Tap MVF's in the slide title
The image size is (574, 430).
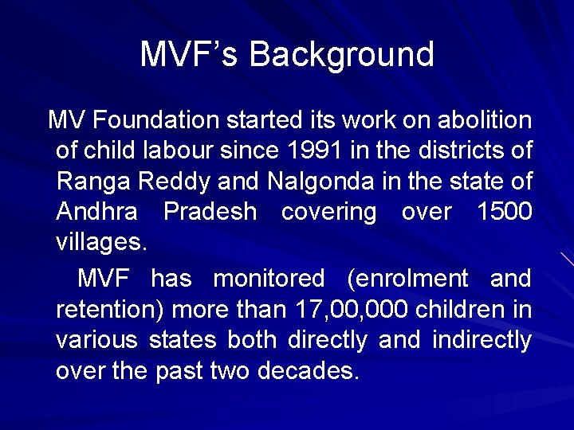[x=190, y=55]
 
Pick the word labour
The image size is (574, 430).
[x=180, y=150]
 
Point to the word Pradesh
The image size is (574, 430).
[x=210, y=212]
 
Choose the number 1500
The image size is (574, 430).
[x=504, y=212]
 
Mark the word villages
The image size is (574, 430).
[x=101, y=242]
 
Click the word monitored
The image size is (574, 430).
[x=269, y=279]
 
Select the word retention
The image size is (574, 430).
[x=111, y=309]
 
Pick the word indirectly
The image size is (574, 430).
[x=482, y=340]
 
